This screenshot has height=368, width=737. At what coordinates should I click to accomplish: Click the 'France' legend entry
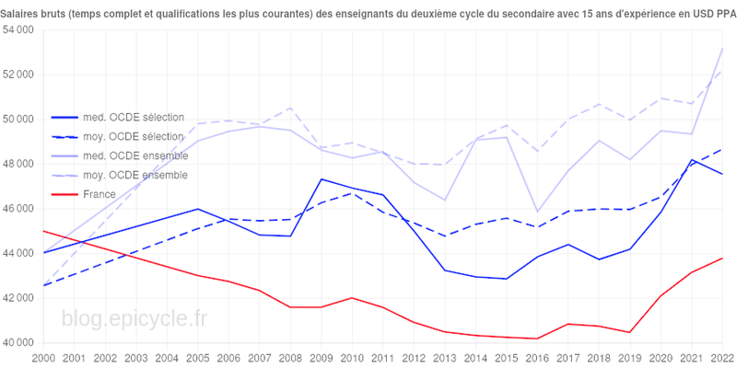[x=99, y=194]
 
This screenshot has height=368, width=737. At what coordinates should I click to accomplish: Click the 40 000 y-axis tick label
[x=18, y=343]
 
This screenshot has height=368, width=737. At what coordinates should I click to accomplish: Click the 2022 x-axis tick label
[x=722, y=357]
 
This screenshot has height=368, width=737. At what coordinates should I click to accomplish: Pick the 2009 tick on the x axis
[x=321, y=357]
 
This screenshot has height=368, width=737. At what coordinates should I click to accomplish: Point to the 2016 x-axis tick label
[x=537, y=357]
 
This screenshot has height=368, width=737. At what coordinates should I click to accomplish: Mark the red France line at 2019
[x=630, y=332]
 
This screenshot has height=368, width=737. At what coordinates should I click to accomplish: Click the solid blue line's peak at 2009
[x=321, y=179]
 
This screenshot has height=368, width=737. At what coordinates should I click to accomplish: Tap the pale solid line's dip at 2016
[x=537, y=213]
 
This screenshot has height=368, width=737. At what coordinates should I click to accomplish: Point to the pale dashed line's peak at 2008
[x=290, y=108]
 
